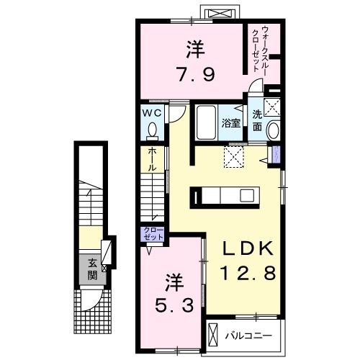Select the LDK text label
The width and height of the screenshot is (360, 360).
pyautogui.click(x=246, y=250)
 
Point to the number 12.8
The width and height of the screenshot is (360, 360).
pyautogui.click(x=246, y=274)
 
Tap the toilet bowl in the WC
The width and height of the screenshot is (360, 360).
pyautogui.click(x=153, y=130)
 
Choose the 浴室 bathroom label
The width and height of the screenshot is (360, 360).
pyautogui.click(x=230, y=122)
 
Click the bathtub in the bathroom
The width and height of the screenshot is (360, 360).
pyautogui.click(x=207, y=123)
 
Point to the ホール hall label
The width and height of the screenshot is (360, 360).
pyautogui.click(x=153, y=159)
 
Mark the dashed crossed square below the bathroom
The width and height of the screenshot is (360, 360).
pyautogui.click(x=235, y=156)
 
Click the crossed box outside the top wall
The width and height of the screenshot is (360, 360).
pyautogui.click(x=219, y=13)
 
